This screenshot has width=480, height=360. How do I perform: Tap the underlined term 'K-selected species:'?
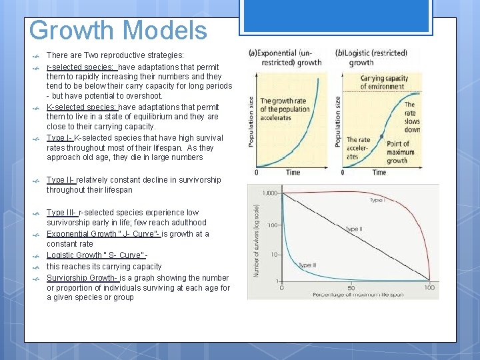[x=81, y=107]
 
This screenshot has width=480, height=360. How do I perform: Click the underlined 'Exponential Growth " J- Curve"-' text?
[x=103, y=233]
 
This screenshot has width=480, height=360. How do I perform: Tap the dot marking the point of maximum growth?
[x=381, y=136]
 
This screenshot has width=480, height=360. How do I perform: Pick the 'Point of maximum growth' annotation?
[x=400, y=152]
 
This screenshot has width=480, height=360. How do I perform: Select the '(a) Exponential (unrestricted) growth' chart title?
[x=285, y=58]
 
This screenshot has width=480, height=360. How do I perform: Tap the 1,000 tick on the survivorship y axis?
[x=269, y=193]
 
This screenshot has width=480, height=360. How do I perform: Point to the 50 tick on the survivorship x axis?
[x=351, y=287]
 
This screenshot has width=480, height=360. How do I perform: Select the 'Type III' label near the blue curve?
[x=307, y=265]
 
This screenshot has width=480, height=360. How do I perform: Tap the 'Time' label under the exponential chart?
[x=293, y=173]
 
